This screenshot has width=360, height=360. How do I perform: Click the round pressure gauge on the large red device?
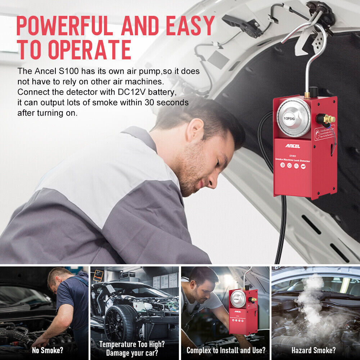coord(293,117)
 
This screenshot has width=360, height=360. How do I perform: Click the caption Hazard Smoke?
coord(313,350)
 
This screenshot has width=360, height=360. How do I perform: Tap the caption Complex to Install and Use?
coord(226,350)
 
